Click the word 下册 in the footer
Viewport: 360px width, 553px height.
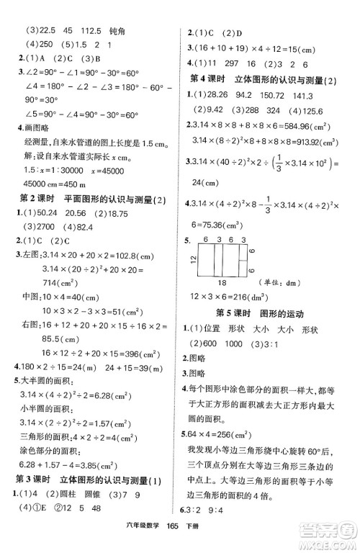(x=215, y=545)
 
